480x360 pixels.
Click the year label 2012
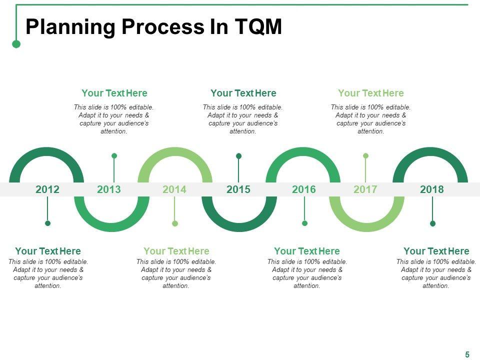click(47, 189)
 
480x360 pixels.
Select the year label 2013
click(109, 189)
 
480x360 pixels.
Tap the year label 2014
click(174, 189)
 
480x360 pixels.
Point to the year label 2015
click(238, 189)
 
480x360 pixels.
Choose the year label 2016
click(304, 189)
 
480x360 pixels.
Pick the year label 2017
click(365, 189)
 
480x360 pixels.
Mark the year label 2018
click(432, 189)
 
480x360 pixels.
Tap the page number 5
click(467, 354)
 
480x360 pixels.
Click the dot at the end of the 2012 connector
click(47, 223)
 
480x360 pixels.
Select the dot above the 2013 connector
click(114, 156)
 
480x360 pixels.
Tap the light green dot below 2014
click(174, 223)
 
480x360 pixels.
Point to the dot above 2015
click(238, 156)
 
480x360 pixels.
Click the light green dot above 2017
click(365, 156)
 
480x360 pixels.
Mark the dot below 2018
click(432, 223)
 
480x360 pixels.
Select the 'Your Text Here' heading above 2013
click(114, 93)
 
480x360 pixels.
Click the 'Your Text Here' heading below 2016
click(306, 251)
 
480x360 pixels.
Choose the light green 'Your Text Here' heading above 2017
click(370, 93)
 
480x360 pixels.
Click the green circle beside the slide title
click(16, 44)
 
